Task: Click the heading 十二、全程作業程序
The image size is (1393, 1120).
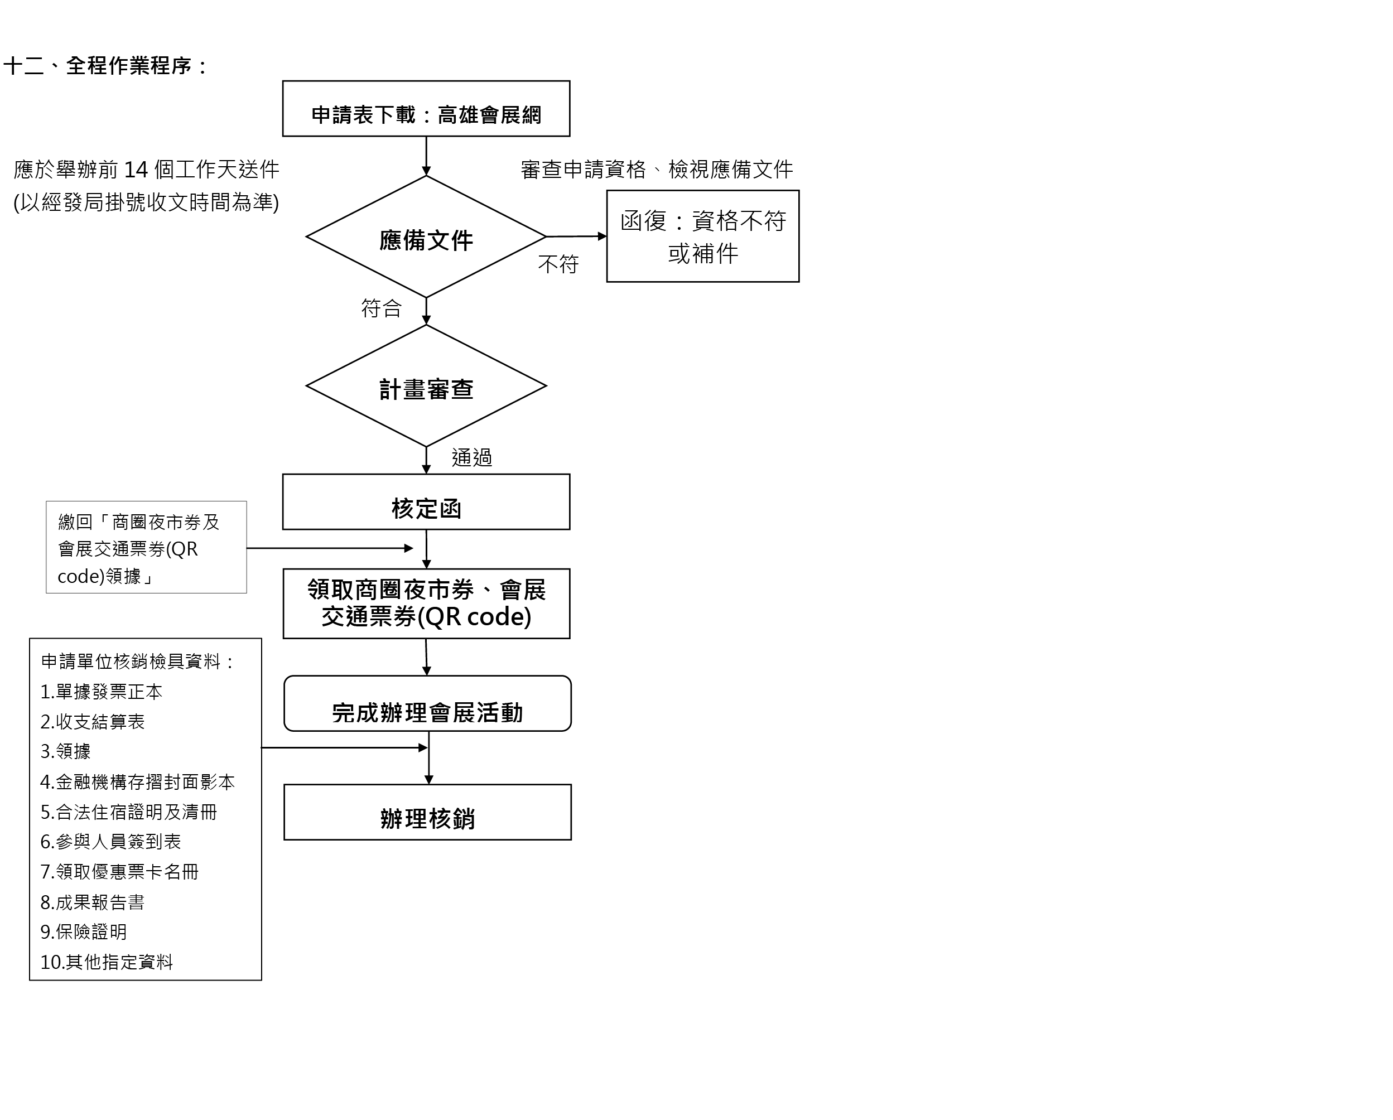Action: pyautogui.click(x=106, y=66)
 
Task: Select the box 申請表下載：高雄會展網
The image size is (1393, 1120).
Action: pyautogui.click(x=426, y=109)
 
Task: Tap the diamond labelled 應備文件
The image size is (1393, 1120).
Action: pyautogui.click(x=426, y=236)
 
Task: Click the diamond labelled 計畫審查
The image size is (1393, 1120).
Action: pyautogui.click(x=426, y=385)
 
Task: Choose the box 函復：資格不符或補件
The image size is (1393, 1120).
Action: pyautogui.click(x=703, y=236)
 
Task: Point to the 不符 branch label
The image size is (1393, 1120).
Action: pyautogui.click(x=558, y=264)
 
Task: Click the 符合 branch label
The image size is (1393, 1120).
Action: pyautogui.click(x=381, y=308)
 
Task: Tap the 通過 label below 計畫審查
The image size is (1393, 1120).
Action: pyautogui.click(x=471, y=458)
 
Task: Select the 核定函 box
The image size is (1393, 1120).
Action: pyautogui.click(x=426, y=502)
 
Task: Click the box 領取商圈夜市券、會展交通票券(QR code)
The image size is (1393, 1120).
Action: pyautogui.click(x=426, y=604)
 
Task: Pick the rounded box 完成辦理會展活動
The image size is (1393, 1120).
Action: pyautogui.click(x=428, y=703)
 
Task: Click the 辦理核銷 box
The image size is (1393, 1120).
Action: pyautogui.click(x=428, y=813)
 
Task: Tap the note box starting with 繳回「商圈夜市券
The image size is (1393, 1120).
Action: pyautogui.click(x=147, y=547)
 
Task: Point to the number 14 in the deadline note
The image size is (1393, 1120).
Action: pyautogui.click(x=136, y=170)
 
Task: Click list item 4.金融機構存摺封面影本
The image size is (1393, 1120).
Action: pyautogui.click(x=138, y=782)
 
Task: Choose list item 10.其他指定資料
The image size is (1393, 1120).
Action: pyautogui.click(x=107, y=962)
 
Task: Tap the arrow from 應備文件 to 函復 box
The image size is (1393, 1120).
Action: pyautogui.click(x=577, y=236)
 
